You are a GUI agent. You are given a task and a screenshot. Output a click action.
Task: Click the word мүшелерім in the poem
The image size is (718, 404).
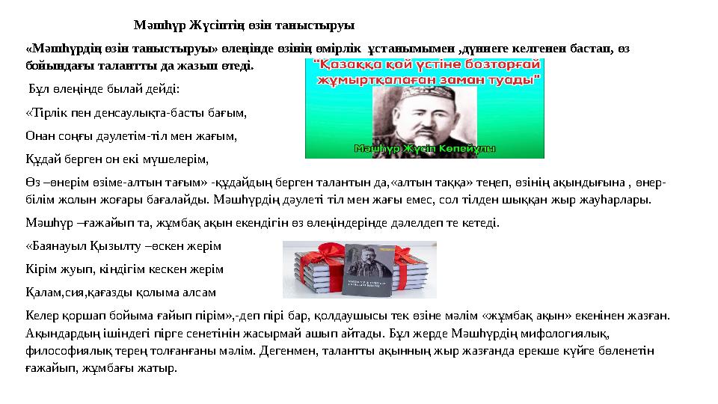(x=177, y=159)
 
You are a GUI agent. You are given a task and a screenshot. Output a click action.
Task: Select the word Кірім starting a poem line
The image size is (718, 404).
(x=40, y=269)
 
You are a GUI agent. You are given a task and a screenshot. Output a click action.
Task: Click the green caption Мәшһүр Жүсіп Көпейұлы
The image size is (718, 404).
(x=424, y=149)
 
